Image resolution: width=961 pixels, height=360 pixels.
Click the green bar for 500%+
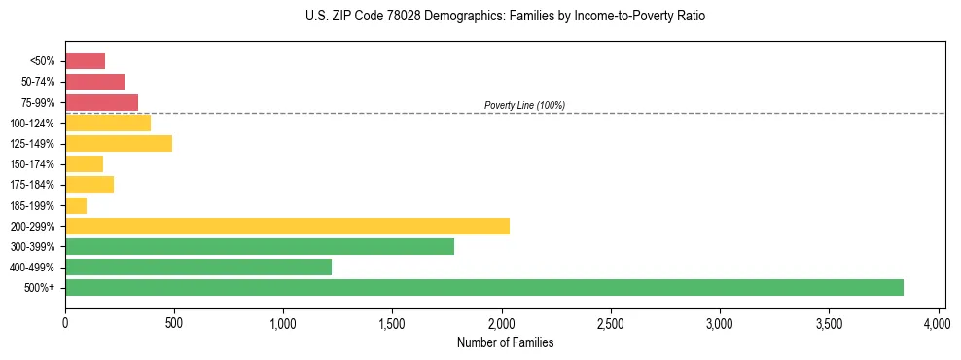483,287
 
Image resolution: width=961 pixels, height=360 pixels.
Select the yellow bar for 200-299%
287,226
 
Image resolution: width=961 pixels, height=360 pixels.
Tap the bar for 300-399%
260,246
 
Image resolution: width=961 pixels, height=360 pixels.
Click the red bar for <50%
85,60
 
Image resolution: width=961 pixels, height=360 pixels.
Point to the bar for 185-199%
76,205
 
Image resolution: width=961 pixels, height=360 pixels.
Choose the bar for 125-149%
119,143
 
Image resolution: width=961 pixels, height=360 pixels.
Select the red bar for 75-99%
101,102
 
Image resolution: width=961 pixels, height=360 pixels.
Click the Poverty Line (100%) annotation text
524,105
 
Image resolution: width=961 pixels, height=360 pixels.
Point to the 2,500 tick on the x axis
611,322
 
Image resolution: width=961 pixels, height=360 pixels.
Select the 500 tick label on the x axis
174,322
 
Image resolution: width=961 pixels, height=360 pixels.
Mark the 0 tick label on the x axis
65,322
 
